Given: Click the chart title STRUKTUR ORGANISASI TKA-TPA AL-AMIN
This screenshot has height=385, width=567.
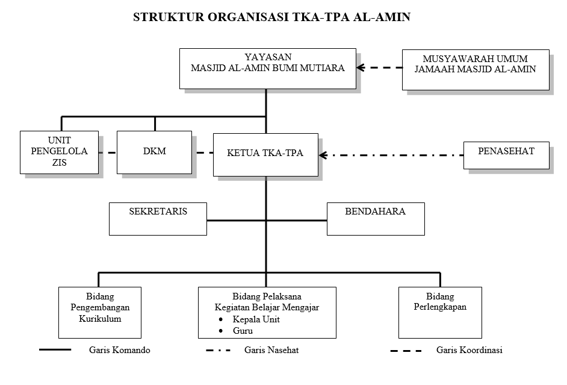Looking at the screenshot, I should [271, 17].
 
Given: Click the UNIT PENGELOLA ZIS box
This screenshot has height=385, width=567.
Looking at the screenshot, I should [59, 152].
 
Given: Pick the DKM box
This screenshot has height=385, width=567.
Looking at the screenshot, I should [154, 152].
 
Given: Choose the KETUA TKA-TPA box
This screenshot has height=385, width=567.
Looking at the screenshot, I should [265, 154].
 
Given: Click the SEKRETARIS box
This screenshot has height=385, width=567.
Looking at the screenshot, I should [158, 218].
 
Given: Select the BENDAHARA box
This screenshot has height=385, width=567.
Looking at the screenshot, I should [375, 218].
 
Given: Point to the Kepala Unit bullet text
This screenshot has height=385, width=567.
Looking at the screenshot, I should [256, 319].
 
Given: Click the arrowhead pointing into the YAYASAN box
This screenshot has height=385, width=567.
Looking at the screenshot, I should [361, 68].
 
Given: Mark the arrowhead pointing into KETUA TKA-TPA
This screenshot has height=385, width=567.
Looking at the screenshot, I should [323, 155].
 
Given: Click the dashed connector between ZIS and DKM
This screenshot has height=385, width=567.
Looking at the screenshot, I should [107, 153].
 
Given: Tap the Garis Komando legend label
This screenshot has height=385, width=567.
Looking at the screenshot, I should [119, 351].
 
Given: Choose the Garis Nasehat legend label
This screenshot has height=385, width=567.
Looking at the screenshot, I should [271, 351].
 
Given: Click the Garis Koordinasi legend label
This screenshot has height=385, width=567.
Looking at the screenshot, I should [469, 351].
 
